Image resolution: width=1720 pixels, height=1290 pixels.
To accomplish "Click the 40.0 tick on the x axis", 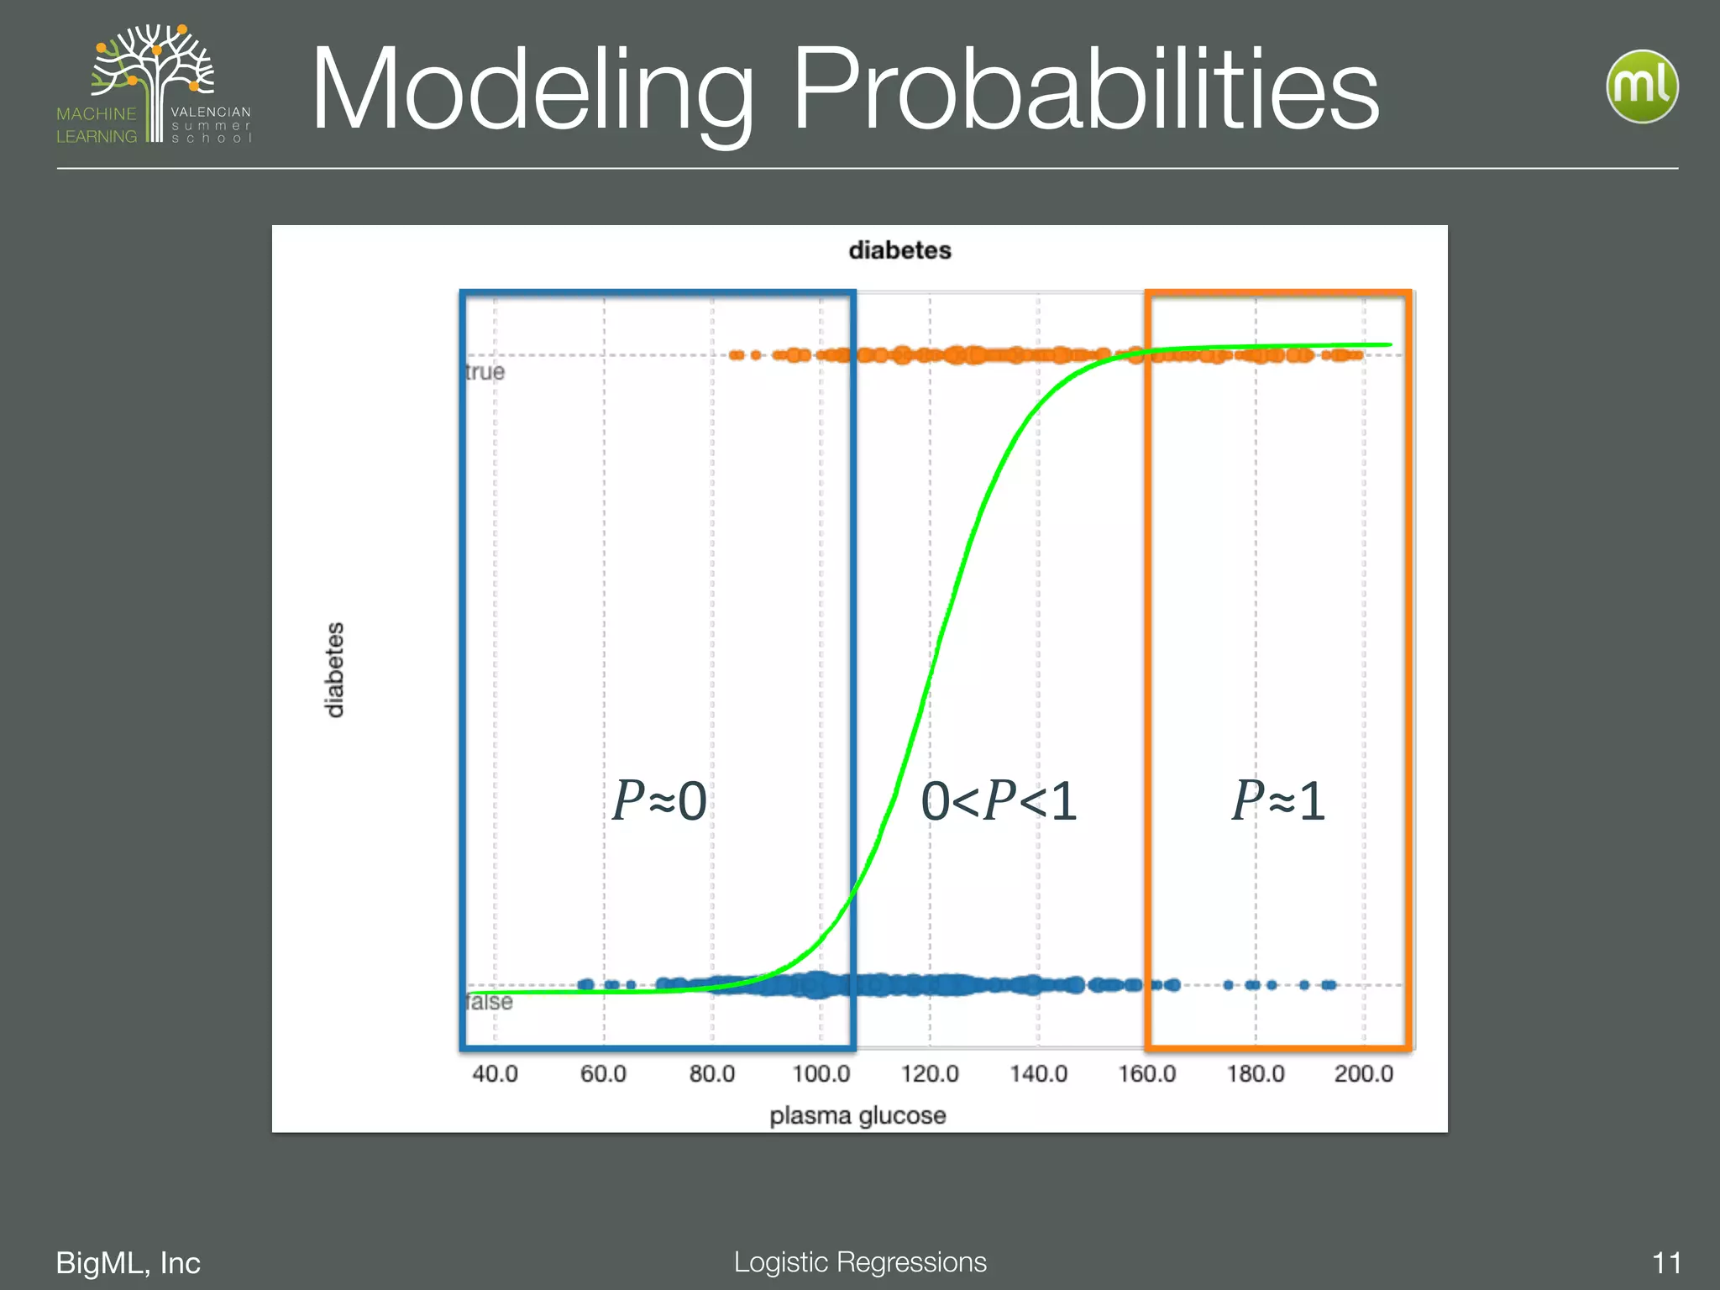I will click(495, 1073).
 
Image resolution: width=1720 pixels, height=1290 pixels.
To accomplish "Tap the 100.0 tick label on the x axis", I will click(821, 1073).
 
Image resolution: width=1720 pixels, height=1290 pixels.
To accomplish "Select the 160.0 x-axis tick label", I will click(1146, 1073).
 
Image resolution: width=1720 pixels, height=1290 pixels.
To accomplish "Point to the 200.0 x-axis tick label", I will click(1364, 1073).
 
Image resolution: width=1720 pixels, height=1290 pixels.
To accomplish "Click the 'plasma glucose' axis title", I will click(857, 1115).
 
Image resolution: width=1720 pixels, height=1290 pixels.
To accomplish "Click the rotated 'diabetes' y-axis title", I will click(334, 669).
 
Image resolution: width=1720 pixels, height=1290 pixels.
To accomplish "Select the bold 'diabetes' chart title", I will click(899, 250).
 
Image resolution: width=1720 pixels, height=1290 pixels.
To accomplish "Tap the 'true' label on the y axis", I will click(485, 372).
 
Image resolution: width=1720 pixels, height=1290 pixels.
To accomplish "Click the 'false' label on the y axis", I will click(489, 1002).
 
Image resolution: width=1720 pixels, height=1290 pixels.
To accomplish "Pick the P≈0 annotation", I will click(659, 800).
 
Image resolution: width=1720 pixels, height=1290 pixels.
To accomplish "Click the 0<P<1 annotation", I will click(999, 800).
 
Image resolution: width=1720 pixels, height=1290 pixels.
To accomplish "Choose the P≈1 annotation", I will click(1278, 800).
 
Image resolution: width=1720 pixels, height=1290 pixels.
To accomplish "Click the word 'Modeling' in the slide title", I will click(532, 91).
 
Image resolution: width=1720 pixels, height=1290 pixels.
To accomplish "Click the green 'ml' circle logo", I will click(1642, 87).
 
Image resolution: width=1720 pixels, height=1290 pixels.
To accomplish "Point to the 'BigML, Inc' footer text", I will click(128, 1262).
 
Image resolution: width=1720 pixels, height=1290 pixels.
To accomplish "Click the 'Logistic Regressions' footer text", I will click(860, 1261).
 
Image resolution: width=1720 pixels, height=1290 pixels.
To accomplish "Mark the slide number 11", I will click(1666, 1262).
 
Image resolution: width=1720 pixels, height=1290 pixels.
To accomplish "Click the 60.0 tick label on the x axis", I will click(603, 1073).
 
